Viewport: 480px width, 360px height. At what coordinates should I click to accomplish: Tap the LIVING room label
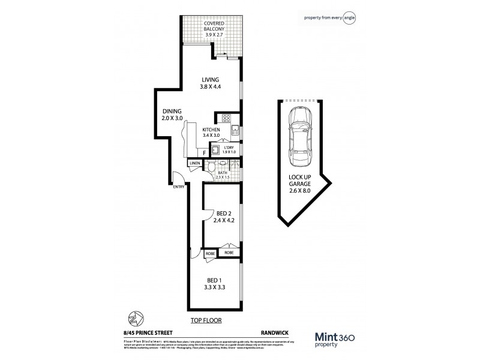point(210,83)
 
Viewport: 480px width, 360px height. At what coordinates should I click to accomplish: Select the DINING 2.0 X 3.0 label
point(172,115)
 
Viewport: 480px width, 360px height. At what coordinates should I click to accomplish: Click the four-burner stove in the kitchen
point(227,118)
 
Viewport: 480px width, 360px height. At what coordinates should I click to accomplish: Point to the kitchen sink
point(236,131)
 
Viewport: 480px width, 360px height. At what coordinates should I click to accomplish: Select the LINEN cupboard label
point(194,163)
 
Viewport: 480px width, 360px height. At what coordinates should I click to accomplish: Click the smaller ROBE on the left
point(210,254)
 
